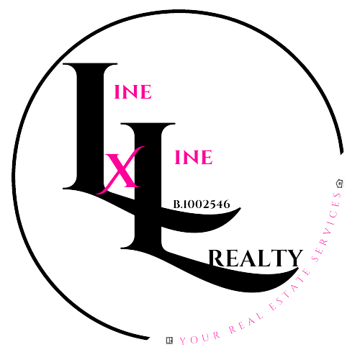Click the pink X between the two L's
point(121,171)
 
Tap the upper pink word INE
point(132,92)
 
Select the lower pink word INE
point(194,157)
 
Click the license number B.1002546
point(202,204)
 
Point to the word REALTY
point(256,258)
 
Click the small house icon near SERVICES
point(339,184)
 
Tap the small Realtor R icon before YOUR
point(169,341)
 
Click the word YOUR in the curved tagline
point(200,338)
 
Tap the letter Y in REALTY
point(294,258)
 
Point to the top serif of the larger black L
point(90,64)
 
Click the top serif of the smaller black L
point(148,125)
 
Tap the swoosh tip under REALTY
point(297,270)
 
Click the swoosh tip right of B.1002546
point(240,209)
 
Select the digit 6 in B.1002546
point(227,204)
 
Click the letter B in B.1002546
point(176,204)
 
